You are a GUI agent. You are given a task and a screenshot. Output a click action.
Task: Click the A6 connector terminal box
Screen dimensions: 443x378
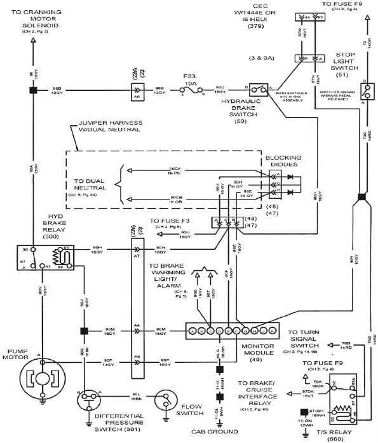tap(136, 90)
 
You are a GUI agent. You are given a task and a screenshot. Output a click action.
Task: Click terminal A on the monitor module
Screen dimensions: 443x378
tap(192, 331)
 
